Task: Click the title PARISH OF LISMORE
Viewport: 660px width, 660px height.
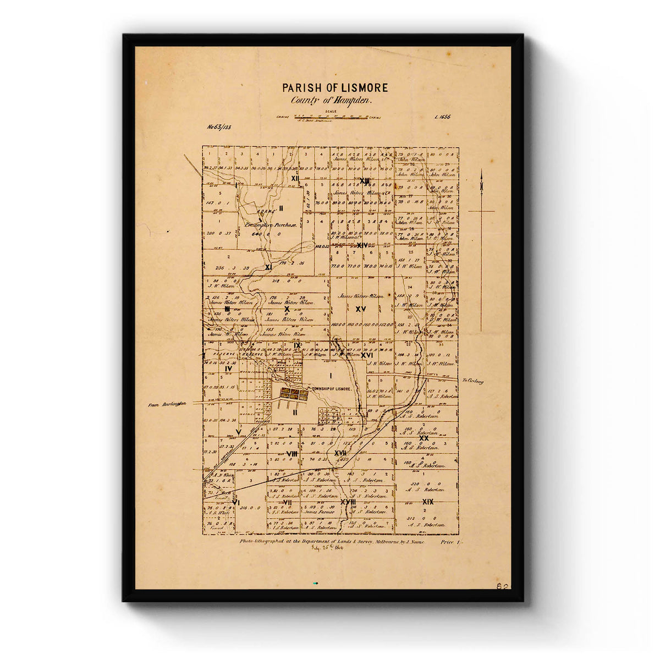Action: [335, 88]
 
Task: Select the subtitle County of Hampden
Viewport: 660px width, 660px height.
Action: [332, 101]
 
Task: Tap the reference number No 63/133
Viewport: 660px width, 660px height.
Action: [219, 127]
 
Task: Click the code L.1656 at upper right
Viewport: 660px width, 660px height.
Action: [442, 117]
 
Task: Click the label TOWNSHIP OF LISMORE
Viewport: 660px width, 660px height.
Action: [331, 389]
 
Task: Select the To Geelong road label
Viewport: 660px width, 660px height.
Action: [472, 381]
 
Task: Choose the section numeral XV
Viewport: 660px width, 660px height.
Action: [361, 309]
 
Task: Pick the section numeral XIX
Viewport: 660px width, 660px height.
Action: [428, 502]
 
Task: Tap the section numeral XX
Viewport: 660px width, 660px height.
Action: [424, 438]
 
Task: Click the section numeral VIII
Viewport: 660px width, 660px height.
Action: [292, 454]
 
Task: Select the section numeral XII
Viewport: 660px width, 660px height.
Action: [295, 178]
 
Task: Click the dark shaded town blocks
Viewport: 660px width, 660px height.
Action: [294, 393]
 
